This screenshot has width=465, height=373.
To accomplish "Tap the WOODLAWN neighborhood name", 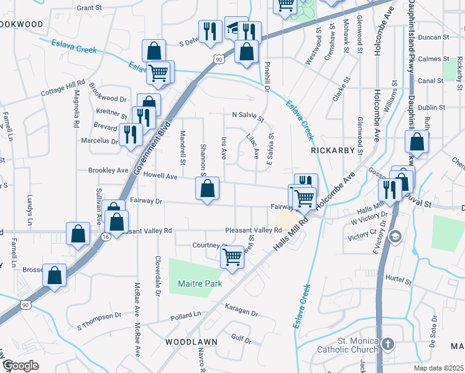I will tap(191, 342).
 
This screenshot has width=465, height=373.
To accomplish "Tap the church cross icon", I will tap(387, 344).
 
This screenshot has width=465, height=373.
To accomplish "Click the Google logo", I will tap(20, 366).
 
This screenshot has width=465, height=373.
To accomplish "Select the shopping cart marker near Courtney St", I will tap(232, 255).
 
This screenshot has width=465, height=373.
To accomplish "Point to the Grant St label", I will tap(89, 7).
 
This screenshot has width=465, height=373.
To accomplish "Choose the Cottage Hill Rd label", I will tap(62, 88).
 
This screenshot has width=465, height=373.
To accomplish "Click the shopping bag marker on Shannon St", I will tap(208, 188).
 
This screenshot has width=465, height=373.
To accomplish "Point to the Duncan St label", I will tap(434, 37).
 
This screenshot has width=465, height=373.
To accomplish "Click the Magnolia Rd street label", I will tap(76, 109).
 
